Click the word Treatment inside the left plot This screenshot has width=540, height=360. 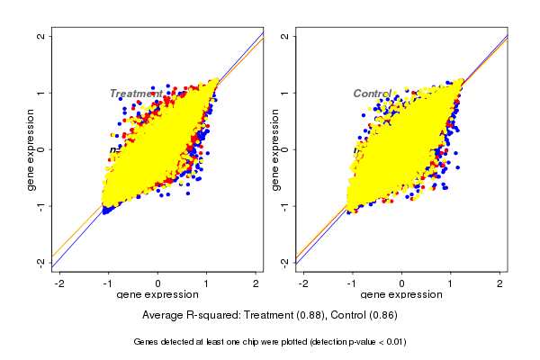tap(136, 94)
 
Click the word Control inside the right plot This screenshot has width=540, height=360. tap(372, 94)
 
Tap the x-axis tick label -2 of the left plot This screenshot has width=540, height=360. tap(58, 283)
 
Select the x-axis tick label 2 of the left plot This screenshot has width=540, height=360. tap(256, 283)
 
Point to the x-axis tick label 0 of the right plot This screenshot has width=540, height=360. tap(402, 283)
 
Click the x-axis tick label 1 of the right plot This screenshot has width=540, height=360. tap(452, 283)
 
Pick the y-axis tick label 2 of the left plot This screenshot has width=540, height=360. tap(42, 36)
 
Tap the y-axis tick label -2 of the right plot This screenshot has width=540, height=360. tap(286, 262)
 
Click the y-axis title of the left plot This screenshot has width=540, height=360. tap(31, 149)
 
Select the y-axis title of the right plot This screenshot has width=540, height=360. tap(275, 149)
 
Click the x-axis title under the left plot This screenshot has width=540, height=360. tap(157, 295)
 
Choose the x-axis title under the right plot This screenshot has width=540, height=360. tap(401, 295)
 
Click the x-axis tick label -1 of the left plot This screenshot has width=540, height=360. tap(108, 283)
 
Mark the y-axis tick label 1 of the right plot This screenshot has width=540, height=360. tap(286, 93)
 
